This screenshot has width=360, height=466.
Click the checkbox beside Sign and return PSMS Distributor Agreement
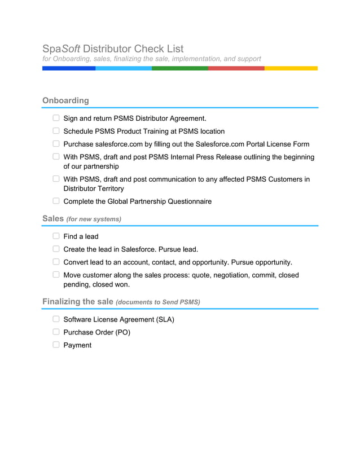pos(56,118)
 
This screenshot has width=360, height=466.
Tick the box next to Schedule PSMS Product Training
pos(56,131)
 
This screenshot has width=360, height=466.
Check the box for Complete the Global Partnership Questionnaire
pos(56,201)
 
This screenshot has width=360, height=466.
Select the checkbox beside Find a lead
pos(56,236)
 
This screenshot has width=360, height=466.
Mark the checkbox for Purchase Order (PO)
pos(56,332)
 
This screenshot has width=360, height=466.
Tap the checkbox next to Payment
pos(56,345)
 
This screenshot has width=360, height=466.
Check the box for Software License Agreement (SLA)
pos(56,319)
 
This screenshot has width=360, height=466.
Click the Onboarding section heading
pos(65,100)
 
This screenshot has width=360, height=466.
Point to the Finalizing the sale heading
pos(78,302)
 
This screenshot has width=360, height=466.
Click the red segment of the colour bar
pos(236,68)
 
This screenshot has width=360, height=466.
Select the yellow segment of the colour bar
pos(291,68)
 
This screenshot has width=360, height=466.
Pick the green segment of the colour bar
pos(179,68)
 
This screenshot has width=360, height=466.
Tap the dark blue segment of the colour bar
pos(69,68)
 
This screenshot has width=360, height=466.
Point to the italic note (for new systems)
pos(94,219)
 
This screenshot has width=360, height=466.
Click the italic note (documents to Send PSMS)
pos(158,302)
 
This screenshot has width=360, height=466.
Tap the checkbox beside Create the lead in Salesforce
pos(56,249)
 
